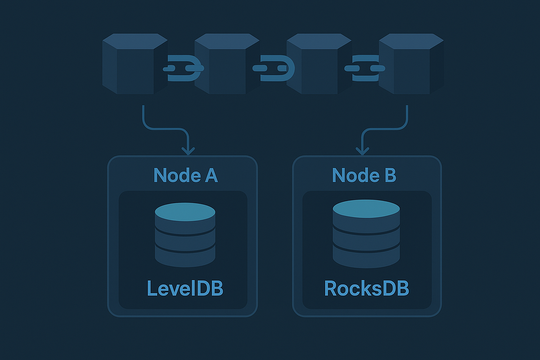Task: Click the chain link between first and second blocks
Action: [x=183, y=68]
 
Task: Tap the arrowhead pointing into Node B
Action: [x=360, y=150]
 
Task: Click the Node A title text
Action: [x=185, y=175]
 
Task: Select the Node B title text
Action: [x=364, y=175]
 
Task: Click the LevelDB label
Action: [x=184, y=288]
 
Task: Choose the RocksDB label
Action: [x=366, y=288]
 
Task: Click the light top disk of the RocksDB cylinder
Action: [x=366, y=208]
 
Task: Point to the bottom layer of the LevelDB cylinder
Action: [x=185, y=255]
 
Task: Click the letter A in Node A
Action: [x=210, y=175]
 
